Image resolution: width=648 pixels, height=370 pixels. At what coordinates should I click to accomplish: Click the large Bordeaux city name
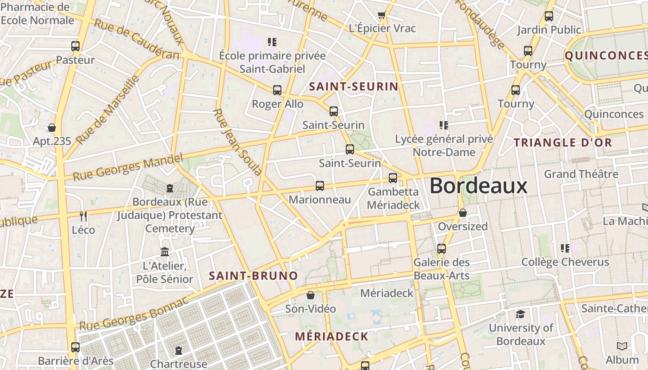pos(478,186)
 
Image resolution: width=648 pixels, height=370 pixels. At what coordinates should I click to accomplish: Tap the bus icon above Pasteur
pos(75,46)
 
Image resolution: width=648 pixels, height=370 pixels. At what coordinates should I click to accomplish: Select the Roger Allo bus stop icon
pos(277,90)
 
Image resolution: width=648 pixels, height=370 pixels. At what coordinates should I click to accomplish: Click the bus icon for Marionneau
pos(319,186)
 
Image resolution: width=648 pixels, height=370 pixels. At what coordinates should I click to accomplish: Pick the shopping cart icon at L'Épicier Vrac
pos(381,16)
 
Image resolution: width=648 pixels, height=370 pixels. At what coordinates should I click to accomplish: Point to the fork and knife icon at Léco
pos(83,216)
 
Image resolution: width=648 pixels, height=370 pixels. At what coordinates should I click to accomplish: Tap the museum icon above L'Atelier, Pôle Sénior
pos(164,252)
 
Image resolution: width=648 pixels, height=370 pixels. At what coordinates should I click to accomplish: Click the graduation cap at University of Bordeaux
pos(520,314)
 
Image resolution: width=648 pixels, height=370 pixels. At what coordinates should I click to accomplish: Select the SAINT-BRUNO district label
pos(253,276)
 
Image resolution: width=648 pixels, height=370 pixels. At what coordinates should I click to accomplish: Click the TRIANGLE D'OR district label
pos(563,142)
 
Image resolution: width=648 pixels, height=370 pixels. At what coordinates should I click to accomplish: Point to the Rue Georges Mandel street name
pos(128,167)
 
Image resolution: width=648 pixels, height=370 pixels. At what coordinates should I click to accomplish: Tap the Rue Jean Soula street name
pos(238,142)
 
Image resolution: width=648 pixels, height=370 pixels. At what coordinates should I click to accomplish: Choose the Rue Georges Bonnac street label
pos(134,314)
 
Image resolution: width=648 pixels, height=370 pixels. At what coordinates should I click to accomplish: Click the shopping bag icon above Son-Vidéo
pos(311,295)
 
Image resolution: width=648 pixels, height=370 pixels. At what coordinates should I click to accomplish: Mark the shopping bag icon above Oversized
pos(462,213)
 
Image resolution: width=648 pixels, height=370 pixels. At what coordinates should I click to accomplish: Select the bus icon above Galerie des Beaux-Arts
pos(441,248)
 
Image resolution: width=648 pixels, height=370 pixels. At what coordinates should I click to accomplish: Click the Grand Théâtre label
pos(581,174)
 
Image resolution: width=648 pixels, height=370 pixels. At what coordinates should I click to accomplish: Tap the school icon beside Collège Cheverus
pos(565,248)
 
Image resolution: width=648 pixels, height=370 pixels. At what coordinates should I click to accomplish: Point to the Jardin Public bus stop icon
pos(549,16)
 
